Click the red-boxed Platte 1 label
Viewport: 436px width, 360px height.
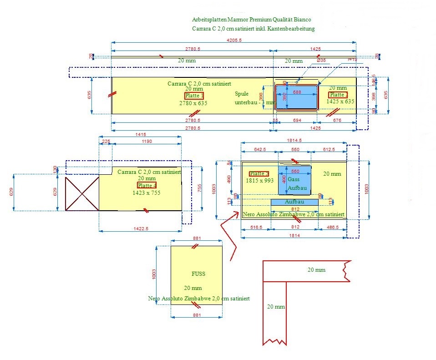click(x=194, y=96)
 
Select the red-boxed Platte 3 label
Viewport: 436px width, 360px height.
click(x=259, y=174)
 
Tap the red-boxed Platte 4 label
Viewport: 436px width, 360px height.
click(x=147, y=186)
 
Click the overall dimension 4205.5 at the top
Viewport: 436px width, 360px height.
click(x=233, y=41)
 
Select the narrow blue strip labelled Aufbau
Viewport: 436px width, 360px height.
click(x=294, y=202)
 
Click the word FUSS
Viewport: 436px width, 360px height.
click(x=198, y=274)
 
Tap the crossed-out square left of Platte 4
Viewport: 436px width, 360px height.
click(x=82, y=194)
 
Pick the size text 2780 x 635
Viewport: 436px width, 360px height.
click(x=193, y=103)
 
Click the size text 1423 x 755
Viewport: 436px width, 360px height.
click(x=146, y=193)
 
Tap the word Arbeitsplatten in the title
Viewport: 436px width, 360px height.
click(x=209, y=20)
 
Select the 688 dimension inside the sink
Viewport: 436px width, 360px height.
click(x=297, y=92)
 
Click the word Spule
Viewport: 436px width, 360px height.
click(x=242, y=94)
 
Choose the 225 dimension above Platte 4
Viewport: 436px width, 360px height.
click(x=106, y=142)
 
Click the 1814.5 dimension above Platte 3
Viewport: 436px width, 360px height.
click(x=293, y=140)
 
